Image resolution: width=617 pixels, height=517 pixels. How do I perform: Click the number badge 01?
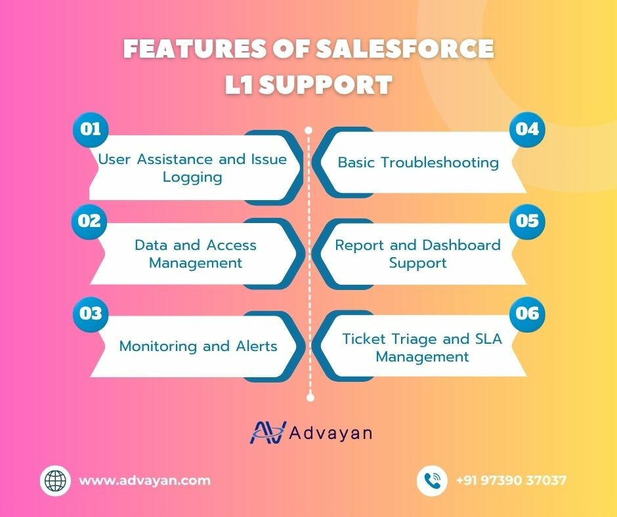pos(91,129)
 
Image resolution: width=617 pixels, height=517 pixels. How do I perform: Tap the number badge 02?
pos(89,220)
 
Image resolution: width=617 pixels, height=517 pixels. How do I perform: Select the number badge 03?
pos(91,314)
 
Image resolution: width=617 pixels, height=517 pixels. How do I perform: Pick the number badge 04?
pos(527,129)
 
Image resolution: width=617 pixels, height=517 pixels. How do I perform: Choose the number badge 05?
pos(527,220)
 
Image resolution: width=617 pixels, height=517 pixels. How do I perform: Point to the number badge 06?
pos(527,314)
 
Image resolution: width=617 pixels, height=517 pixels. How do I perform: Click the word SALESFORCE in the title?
pos(405,49)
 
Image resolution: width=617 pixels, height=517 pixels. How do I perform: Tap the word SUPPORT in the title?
pos(326,85)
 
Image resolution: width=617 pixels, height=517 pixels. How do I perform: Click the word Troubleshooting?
pos(440,163)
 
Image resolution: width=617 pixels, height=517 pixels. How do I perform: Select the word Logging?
pos(192,177)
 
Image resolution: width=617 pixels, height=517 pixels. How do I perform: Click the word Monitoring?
pos(158,346)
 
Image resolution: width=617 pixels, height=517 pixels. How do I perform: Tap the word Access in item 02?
pos(231,245)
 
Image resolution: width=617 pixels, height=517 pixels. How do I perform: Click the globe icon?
pos(55,480)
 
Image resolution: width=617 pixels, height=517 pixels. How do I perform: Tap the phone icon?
pos(432,480)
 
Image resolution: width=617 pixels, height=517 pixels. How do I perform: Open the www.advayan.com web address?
pos(145,480)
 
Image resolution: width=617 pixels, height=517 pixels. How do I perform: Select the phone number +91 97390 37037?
pos(511,480)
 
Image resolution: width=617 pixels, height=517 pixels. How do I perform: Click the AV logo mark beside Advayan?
pos(268,432)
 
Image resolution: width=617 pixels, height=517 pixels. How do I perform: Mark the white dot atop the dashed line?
pos(308,130)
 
